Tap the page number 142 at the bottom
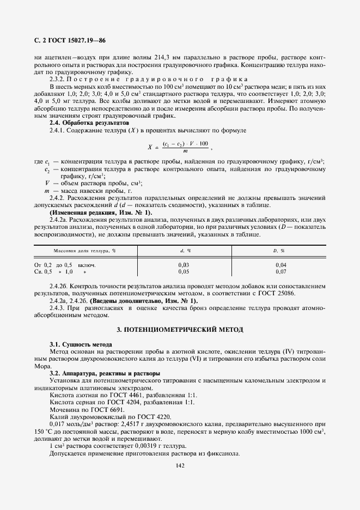(x=180, y=465)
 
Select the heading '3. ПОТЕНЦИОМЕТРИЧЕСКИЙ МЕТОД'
(x=180, y=330)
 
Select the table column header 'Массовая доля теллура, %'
(x=84, y=251)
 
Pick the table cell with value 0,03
(x=184, y=264)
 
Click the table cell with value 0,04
(x=280, y=264)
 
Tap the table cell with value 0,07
(x=280, y=271)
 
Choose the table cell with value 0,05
(x=184, y=271)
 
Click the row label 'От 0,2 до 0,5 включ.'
(x=69, y=264)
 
